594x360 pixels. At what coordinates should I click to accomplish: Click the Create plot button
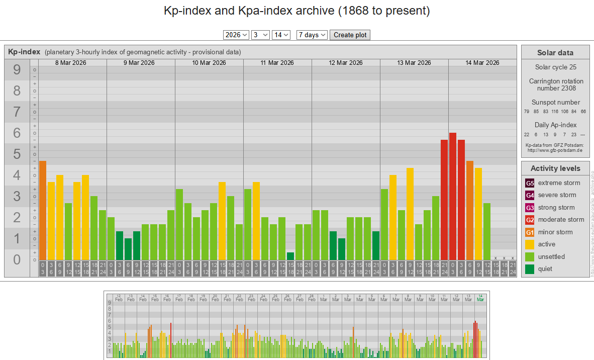pyautogui.click(x=350, y=35)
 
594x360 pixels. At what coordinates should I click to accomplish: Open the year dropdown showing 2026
pyautogui.click(x=236, y=35)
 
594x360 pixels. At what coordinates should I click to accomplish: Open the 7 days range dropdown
pyautogui.click(x=312, y=35)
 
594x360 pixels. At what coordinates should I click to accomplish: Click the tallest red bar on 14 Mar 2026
pyautogui.click(x=453, y=196)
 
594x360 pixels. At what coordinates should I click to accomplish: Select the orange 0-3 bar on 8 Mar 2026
pyautogui.click(x=43, y=210)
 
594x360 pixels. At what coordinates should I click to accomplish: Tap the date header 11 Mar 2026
pyautogui.click(x=277, y=63)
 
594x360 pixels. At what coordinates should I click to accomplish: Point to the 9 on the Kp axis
pyautogui.click(x=17, y=70)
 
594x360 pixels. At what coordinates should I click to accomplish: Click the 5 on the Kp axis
pyautogui.click(x=17, y=154)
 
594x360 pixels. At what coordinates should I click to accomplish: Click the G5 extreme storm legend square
pyautogui.click(x=530, y=183)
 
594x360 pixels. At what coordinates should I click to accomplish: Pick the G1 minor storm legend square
pyautogui.click(x=530, y=232)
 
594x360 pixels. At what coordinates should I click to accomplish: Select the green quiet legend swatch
pyautogui.click(x=530, y=269)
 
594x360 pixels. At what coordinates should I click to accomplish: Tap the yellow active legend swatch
pyautogui.click(x=530, y=244)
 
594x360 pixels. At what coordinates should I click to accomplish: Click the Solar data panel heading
pyautogui.click(x=555, y=53)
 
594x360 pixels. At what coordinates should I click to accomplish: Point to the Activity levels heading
pyautogui.click(x=555, y=168)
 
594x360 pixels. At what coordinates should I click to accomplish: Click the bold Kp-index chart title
pyautogui.click(x=24, y=52)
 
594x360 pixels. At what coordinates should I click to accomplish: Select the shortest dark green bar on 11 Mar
pyautogui.click(x=290, y=256)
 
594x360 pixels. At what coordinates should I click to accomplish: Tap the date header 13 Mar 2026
pyautogui.click(x=414, y=63)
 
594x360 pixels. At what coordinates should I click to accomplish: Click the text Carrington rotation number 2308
pyautogui.click(x=555, y=84)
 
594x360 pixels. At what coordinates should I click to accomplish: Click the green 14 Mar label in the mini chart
pyautogui.click(x=480, y=298)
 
